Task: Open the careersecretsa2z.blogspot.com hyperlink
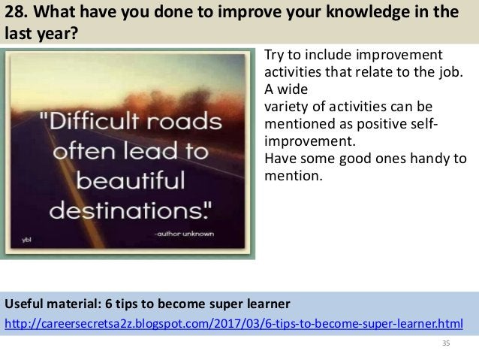233,323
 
